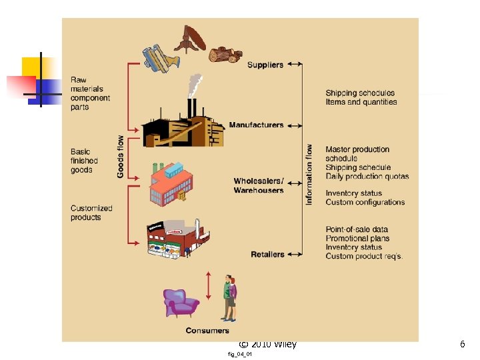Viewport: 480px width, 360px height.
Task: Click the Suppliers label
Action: pos(265,65)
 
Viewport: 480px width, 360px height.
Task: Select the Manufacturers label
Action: pos(256,125)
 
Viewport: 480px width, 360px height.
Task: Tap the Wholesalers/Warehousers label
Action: pos(258,185)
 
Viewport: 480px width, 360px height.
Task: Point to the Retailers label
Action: pos(267,254)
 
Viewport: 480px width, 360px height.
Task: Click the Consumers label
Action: pos(207,330)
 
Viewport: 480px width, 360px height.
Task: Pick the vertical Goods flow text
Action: pos(121,156)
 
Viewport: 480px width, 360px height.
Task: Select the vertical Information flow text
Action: pos(309,175)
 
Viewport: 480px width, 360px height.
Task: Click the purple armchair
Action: pos(181,303)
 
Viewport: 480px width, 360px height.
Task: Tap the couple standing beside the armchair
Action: pos(230,299)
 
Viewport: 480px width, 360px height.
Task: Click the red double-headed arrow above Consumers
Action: pos(209,285)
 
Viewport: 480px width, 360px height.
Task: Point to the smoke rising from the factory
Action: pos(194,85)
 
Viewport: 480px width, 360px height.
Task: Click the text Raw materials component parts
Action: pos(90,93)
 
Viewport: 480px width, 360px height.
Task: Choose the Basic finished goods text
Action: pos(84,161)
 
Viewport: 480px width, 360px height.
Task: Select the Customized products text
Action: pos(91,213)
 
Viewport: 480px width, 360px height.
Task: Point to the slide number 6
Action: pos(462,344)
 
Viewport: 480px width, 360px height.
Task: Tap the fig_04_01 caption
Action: pos(239,355)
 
